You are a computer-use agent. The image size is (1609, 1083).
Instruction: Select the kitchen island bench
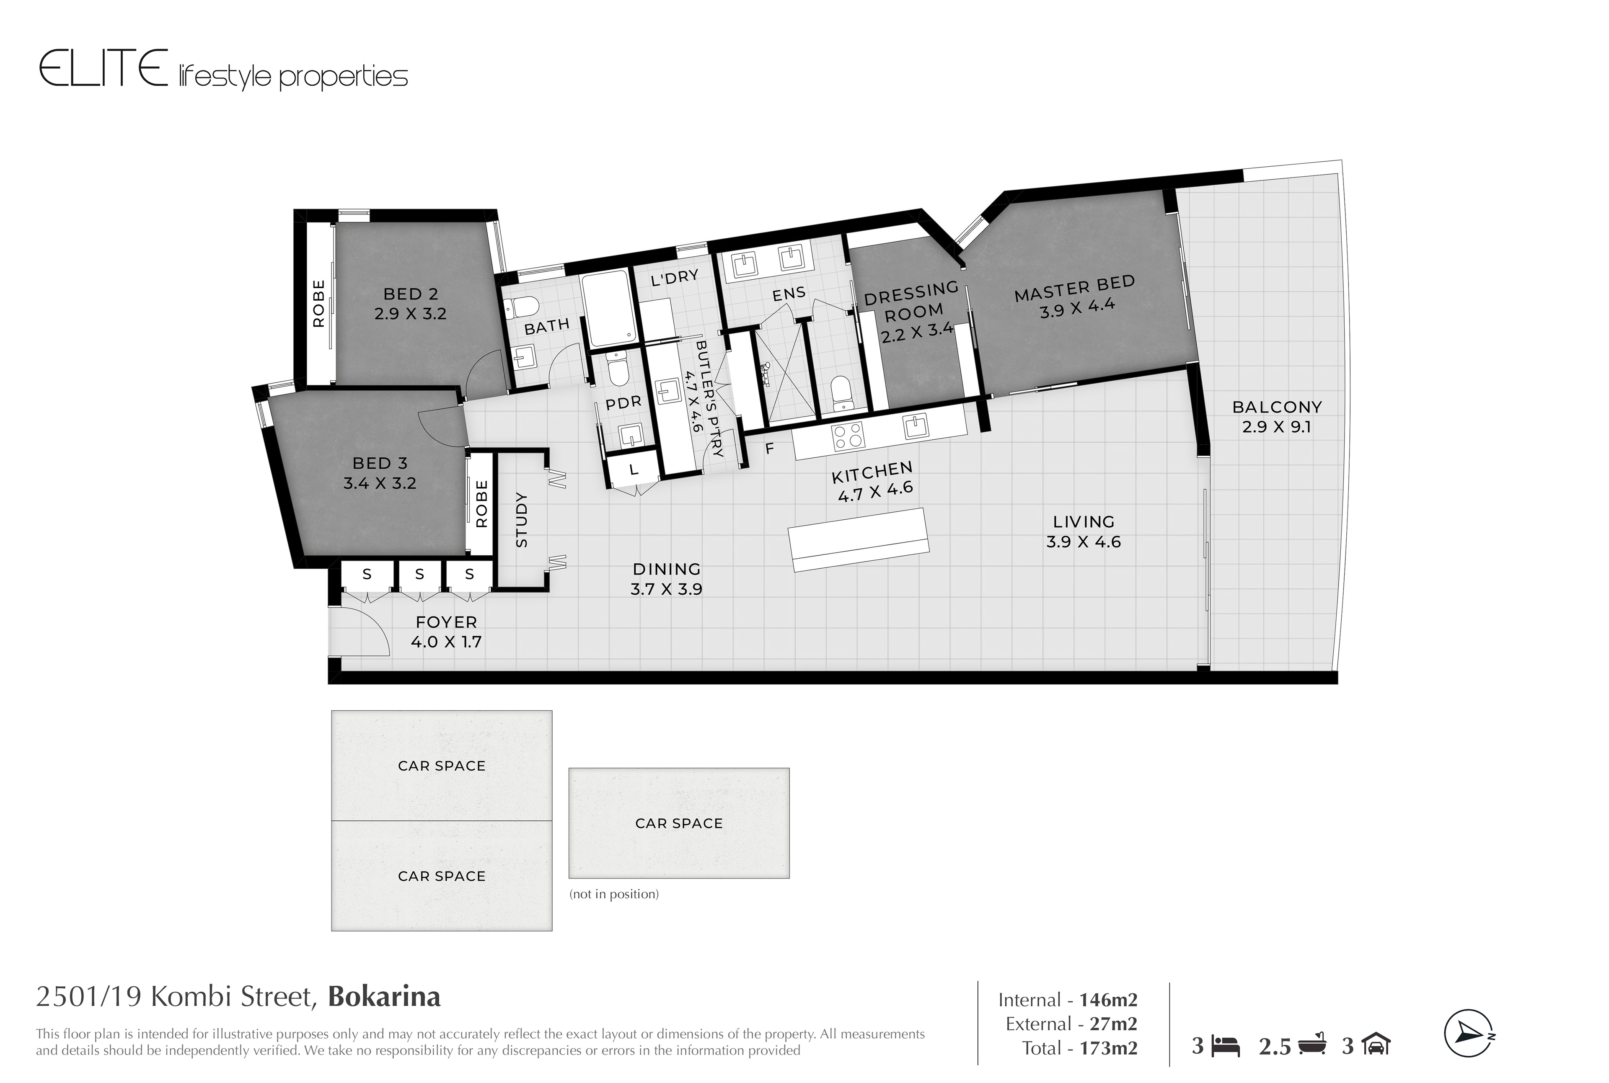(858, 539)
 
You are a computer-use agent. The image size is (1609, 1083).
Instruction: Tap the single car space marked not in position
(678, 823)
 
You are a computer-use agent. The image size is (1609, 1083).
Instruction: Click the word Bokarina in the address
(384, 997)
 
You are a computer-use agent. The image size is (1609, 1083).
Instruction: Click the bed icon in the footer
(1226, 1047)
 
